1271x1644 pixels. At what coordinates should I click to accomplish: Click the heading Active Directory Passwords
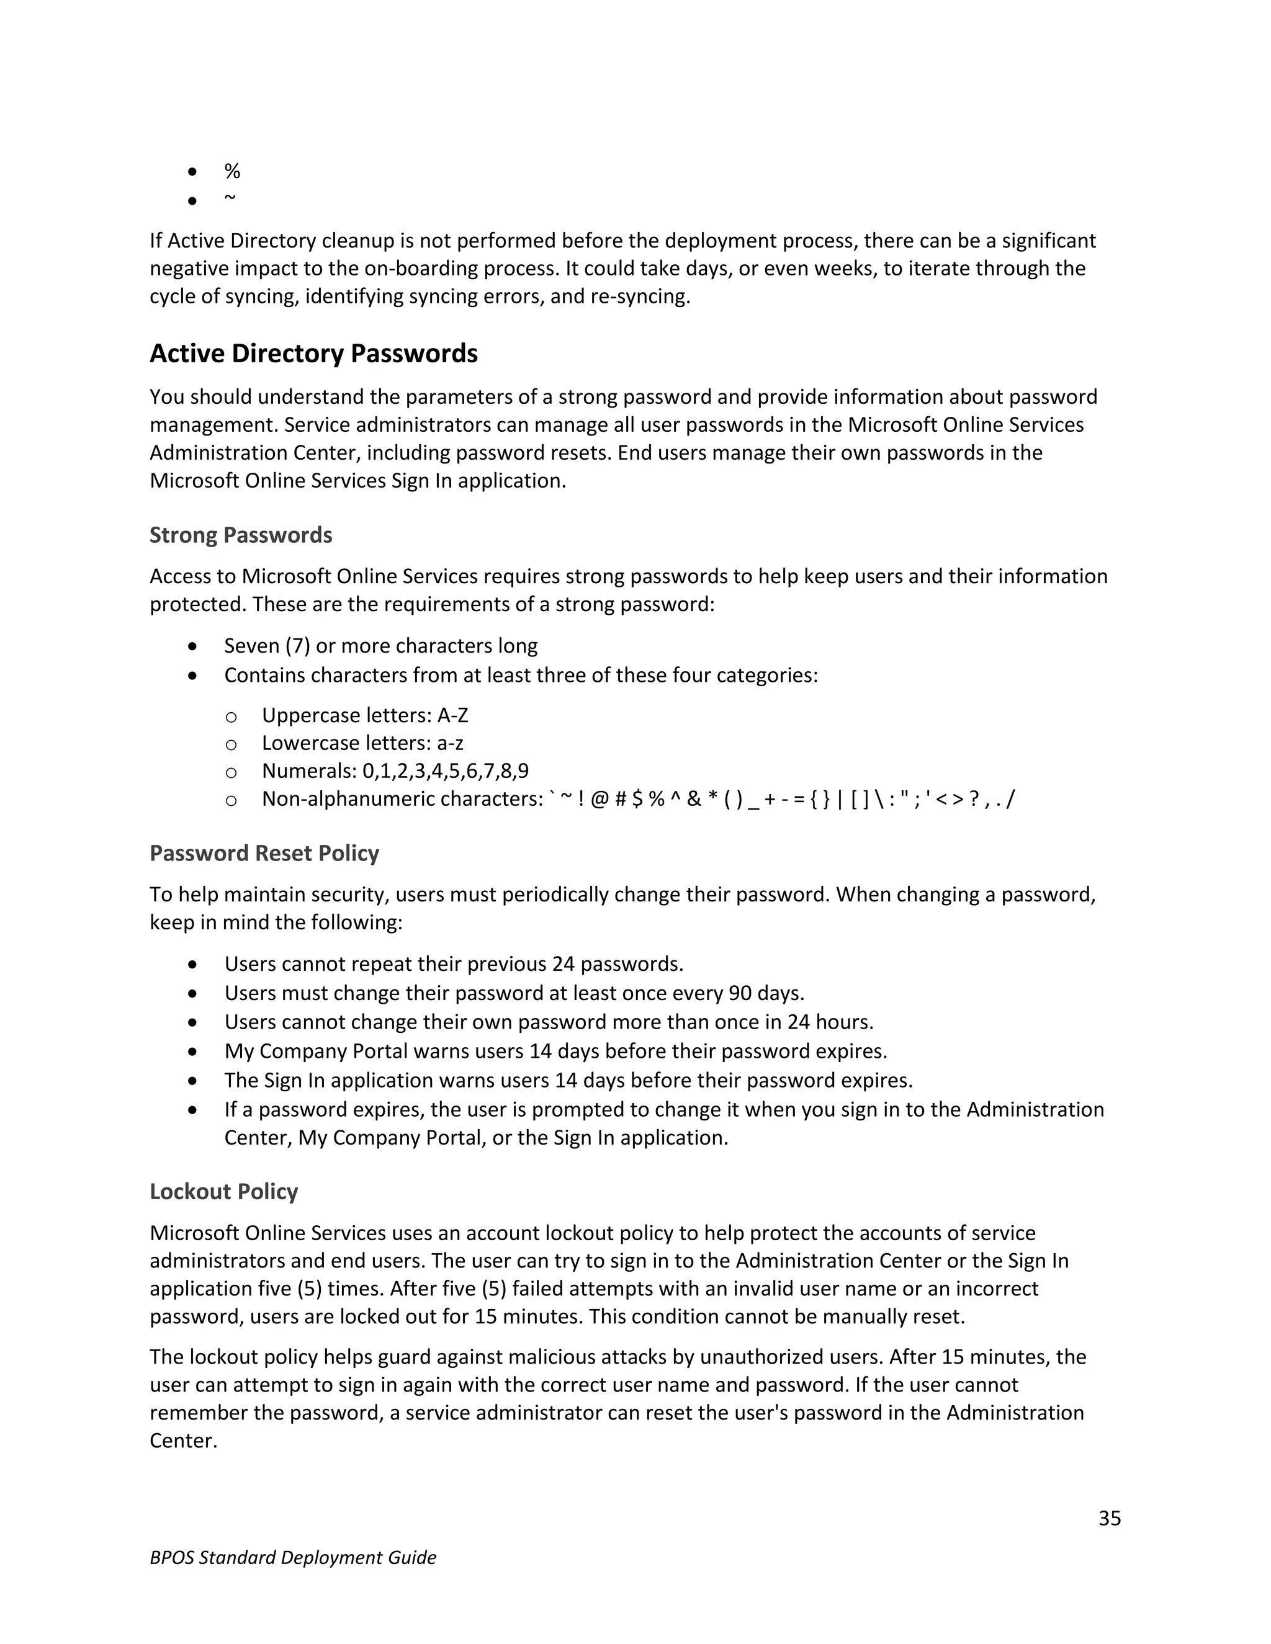[x=313, y=354]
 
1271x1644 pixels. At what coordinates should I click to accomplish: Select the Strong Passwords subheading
[x=241, y=535]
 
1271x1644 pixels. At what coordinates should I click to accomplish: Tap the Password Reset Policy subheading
[x=264, y=853]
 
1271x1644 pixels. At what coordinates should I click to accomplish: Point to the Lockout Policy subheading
[x=223, y=1192]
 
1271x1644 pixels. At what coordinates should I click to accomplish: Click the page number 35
[x=1109, y=1518]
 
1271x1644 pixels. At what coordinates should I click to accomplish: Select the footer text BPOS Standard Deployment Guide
[x=293, y=1557]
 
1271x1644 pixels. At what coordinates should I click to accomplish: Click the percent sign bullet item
[x=232, y=172]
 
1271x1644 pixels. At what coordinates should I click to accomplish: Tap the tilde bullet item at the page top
[x=230, y=198]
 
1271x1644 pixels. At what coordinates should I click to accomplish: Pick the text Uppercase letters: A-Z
[x=364, y=715]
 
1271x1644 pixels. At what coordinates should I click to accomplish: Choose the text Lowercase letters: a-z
[x=362, y=743]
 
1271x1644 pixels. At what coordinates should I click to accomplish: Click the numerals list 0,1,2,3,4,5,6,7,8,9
[x=445, y=771]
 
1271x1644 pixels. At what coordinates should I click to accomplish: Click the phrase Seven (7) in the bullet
[x=266, y=646]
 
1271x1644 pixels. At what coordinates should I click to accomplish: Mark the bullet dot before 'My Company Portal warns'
[x=194, y=1051]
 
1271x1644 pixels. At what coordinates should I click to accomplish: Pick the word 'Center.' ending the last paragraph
[x=183, y=1441]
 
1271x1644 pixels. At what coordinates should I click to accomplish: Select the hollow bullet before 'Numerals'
[x=231, y=772]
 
